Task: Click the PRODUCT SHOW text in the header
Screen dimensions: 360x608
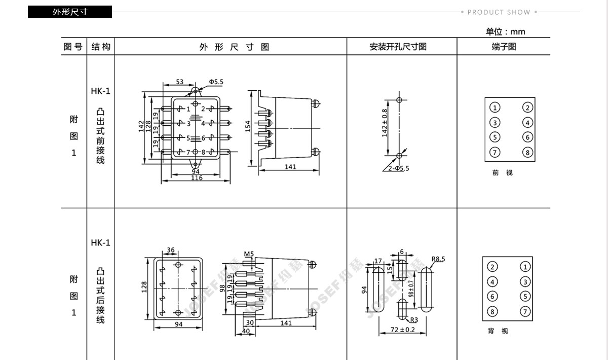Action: (x=499, y=12)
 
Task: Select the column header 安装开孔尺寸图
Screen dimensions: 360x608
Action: (x=398, y=47)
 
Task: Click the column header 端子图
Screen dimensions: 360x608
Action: (x=504, y=47)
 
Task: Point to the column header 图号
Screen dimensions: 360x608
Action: (x=73, y=47)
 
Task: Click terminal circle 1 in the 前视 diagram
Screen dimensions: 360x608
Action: (x=495, y=107)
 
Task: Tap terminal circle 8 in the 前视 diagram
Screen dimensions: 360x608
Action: (x=527, y=153)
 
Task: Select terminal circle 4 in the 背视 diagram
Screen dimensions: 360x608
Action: (x=492, y=282)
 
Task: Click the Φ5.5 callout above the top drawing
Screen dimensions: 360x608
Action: (x=215, y=81)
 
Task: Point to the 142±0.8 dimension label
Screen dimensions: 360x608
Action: (x=385, y=123)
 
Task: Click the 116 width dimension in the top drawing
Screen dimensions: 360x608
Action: (x=197, y=178)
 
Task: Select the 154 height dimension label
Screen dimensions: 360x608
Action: (x=248, y=126)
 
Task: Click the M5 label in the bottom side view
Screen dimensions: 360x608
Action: (x=248, y=254)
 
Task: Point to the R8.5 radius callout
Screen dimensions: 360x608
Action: (x=438, y=259)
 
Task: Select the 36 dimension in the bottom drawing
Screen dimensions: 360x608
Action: (x=171, y=250)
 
